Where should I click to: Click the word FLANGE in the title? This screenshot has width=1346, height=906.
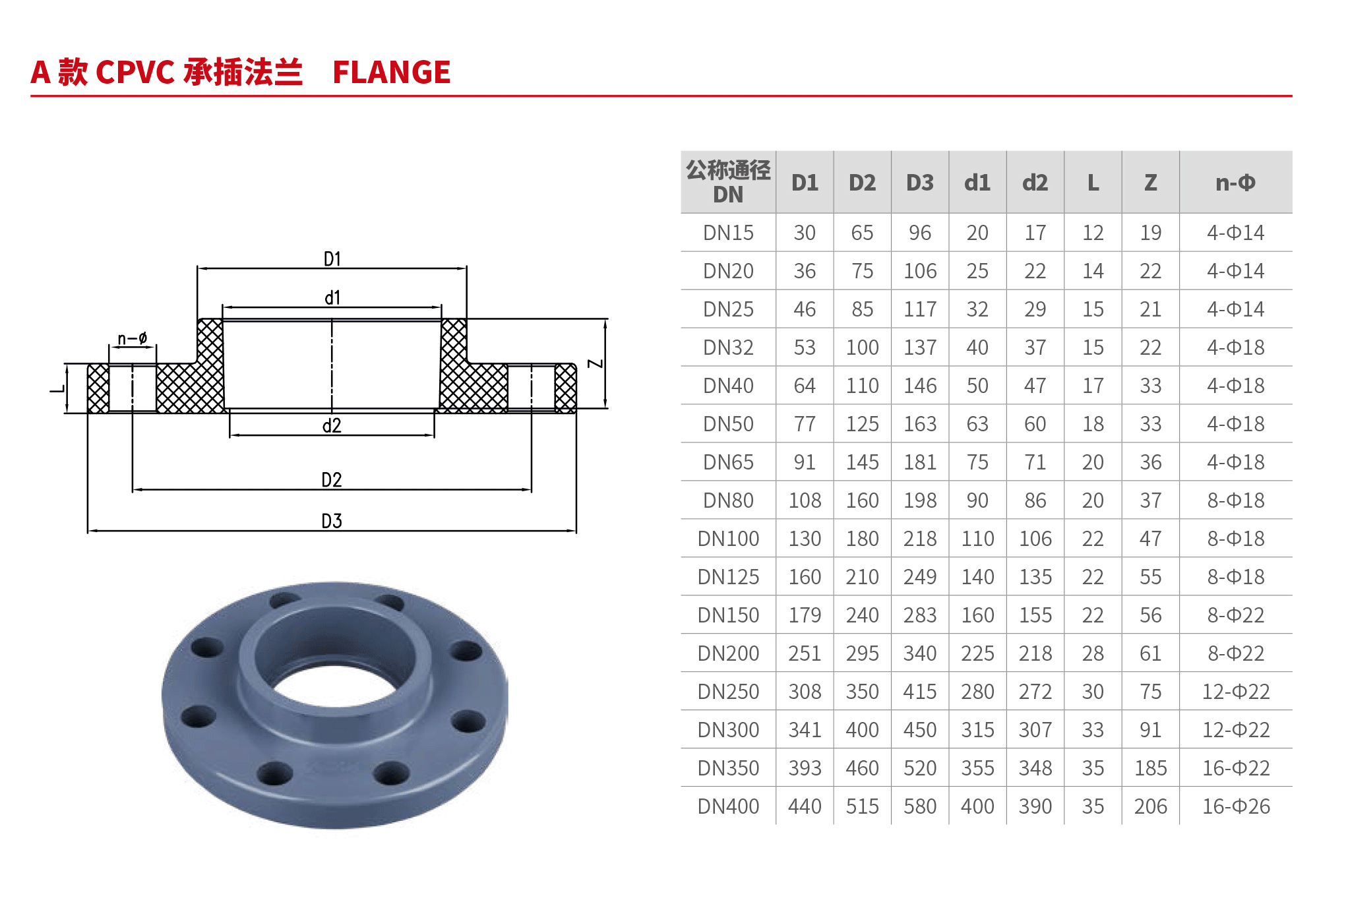point(391,72)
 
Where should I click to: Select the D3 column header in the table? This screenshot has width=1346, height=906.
point(919,183)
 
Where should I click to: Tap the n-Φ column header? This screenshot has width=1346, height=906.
point(1235,183)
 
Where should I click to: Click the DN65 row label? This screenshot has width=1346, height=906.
point(728,462)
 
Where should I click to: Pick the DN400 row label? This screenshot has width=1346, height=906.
point(728,806)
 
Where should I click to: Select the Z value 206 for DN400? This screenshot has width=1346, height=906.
point(1150,806)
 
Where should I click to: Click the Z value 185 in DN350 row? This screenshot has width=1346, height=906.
point(1150,768)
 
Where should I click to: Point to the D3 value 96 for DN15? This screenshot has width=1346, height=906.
point(919,233)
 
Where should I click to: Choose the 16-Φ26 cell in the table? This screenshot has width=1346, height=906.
point(1235,806)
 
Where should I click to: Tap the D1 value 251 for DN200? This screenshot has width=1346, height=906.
point(805,653)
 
